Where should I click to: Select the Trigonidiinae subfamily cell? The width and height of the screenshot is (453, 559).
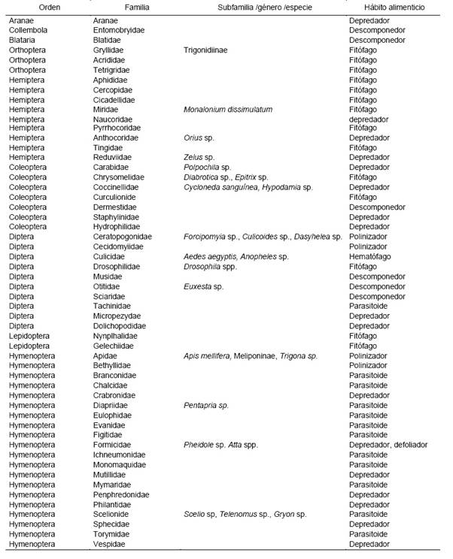click(206, 50)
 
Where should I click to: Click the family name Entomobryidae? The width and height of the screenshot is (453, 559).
click(118, 30)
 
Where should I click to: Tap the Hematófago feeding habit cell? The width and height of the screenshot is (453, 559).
click(370, 256)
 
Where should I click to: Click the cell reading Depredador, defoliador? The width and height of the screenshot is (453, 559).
click(388, 445)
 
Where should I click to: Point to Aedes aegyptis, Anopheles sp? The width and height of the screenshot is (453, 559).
click(236, 256)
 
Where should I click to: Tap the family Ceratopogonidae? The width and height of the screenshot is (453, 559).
click(121, 237)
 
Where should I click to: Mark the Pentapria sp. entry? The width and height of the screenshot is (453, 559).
click(206, 405)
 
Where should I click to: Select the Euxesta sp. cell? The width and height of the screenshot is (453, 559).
click(203, 286)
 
